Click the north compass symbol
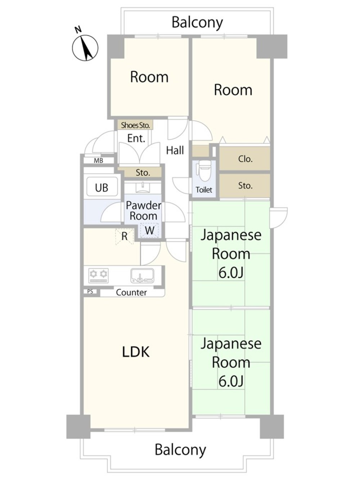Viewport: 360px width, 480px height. pyautogui.click(x=85, y=47)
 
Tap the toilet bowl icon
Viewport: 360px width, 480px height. pyautogui.click(x=204, y=172)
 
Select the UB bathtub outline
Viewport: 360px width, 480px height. pyautogui.click(x=102, y=187)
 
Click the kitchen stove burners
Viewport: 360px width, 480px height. pyautogui.click(x=98, y=275)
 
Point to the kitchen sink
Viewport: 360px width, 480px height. pyautogui.click(x=142, y=276)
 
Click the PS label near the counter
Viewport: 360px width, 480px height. pyautogui.click(x=90, y=292)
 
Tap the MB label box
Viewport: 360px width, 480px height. pyautogui.click(x=98, y=161)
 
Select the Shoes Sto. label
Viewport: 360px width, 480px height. pyautogui.click(x=135, y=125)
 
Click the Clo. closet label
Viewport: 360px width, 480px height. pyautogui.click(x=245, y=159)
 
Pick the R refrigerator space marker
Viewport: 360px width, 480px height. pyautogui.click(x=124, y=237)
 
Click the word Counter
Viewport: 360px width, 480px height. pyautogui.click(x=131, y=292)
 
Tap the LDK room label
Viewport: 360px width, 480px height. pyautogui.click(x=136, y=352)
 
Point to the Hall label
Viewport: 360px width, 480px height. pyautogui.click(x=175, y=150)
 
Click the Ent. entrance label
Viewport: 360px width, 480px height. pyautogui.click(x=136, y=138)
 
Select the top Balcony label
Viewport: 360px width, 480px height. pyautogui.click(x=197, y=22)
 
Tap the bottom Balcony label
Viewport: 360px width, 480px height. pyautogui.click(x=180, y=450)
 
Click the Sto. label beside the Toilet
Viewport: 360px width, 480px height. pyautogui.click(x=245, y=186)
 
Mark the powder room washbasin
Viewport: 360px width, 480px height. pyautogui.click(x=143, y=187)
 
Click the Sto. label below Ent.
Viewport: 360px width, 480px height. pyautogui.click(x=143, y=173)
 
